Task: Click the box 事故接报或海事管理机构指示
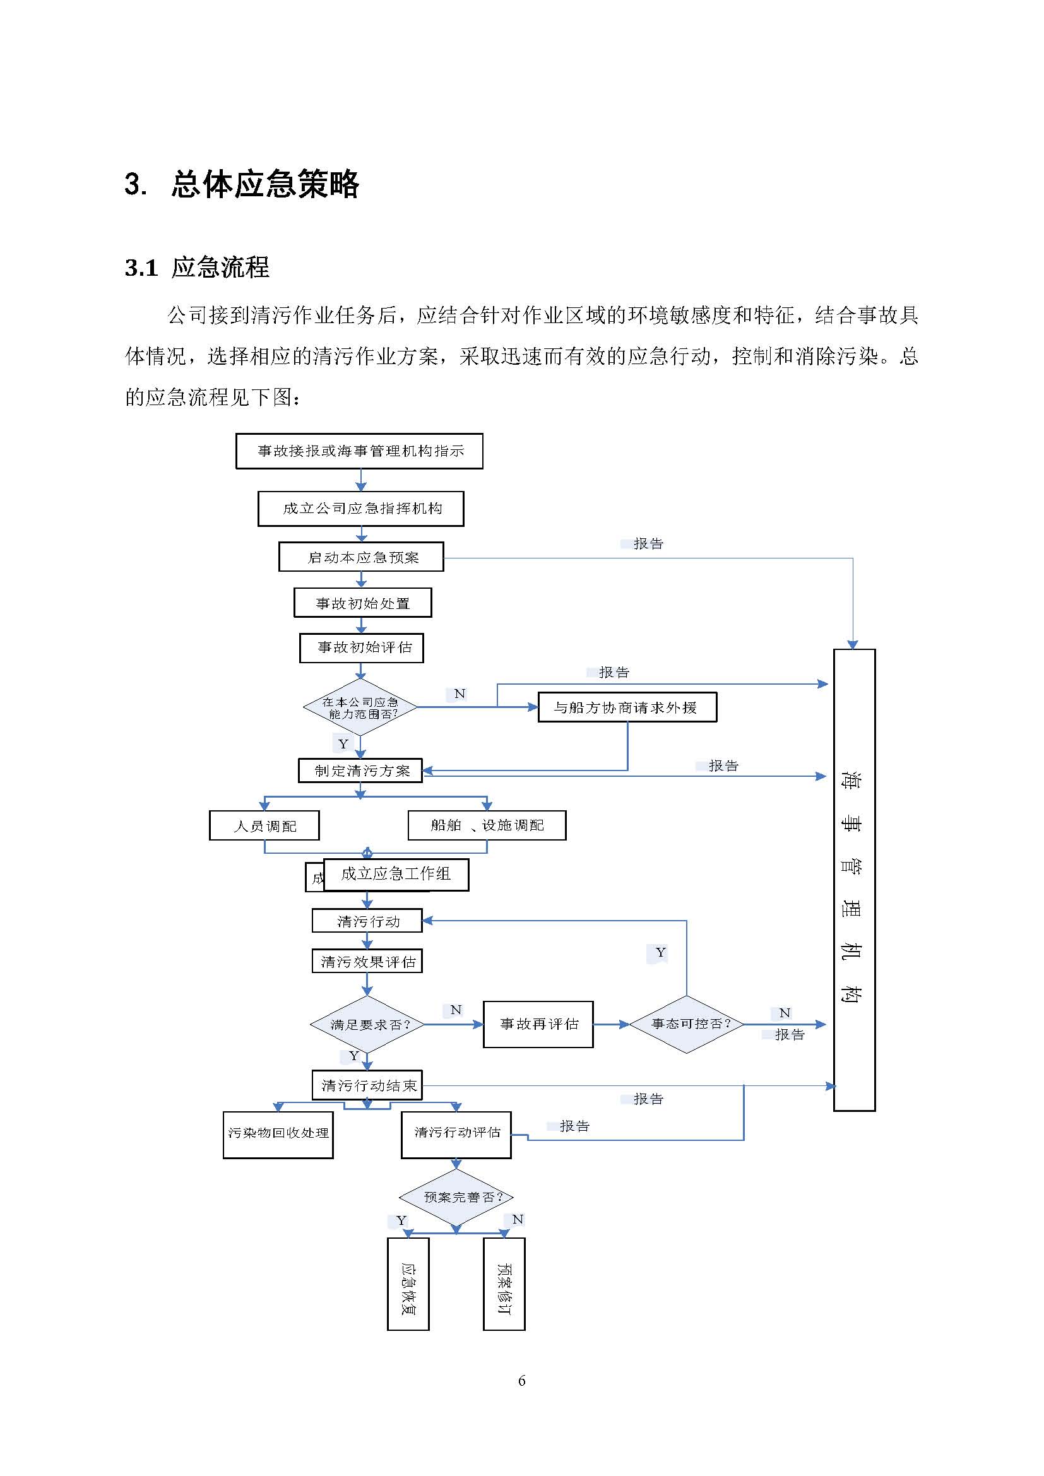click(359, 451)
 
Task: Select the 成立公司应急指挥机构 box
click(360, 509)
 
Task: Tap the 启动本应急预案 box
click(361, 557)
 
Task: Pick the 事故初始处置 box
click(362, 603)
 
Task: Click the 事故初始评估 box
click(361, 647)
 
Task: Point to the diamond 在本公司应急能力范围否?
click(360, 707)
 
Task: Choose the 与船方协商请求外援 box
click(627, 707)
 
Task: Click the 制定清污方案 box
click(360, 770)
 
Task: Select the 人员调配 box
click(264, 825)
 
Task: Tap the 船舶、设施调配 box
click(487, 825)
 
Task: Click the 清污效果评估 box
click(367, 961)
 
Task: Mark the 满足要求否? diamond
click(367, 1025)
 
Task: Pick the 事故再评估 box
click(538, 1024)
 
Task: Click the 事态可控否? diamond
click(687, 1024)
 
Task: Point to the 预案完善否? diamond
click(456, 1197)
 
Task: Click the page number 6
click(521, 1381)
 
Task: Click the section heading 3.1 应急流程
click(197, 268)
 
